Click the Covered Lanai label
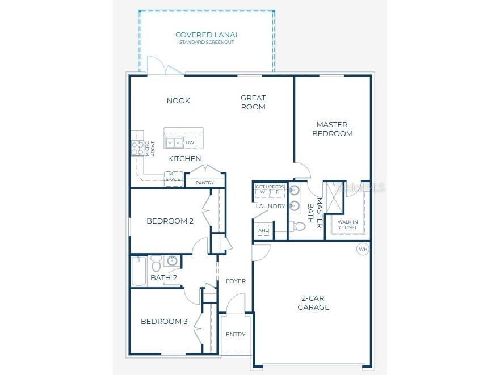[x=206, y=35]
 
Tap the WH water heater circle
[x=363, y=249]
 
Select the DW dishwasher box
[x=190, y=142]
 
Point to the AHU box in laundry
[x=263, y=231]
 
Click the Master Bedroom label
[x=332, y=129]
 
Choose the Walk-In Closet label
[x=347, y=225]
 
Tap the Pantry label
[x=205, y=183]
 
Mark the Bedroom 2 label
[x=170, y=221]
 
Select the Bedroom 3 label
[x=164, y=321]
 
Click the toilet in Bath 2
[x=156, y=264]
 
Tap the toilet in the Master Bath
[x=299, y=226]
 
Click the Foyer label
[x=236, y=281]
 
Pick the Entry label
[x=236, y=334]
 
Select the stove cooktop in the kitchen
[x=137, y=149]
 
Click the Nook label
[x=178, y=100]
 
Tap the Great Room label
[x=253, y=102]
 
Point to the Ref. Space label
[x=173, y=177]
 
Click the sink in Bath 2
[x=172, y=261]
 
